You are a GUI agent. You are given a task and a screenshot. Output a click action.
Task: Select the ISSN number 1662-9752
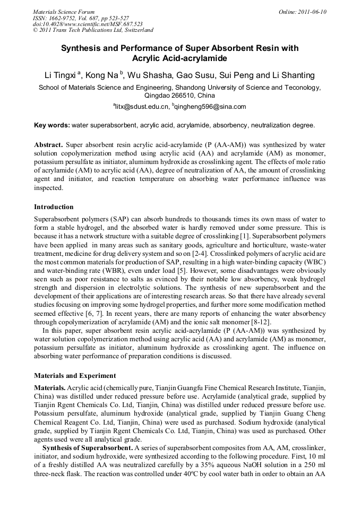[63, 18]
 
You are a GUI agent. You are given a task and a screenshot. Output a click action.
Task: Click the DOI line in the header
[88, 24]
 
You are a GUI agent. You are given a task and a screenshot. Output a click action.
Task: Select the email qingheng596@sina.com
[210, 107]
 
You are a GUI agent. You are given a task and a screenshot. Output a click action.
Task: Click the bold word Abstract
[49, 144]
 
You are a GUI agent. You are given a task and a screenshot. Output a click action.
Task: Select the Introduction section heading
[54, 207]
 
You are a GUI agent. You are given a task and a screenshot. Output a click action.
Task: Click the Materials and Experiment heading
[75, 376]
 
